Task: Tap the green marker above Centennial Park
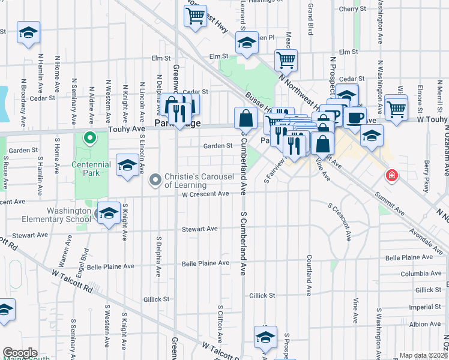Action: pyautogui.click(x=90, y=139)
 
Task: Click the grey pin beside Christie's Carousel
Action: pyautogui.click(x=155, y=180)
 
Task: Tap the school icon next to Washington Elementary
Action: pyautogui.click(x=109, y=214)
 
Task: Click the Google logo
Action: pyautogui.click(x=20, y=353)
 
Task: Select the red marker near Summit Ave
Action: pyautogui.click(x=391, y=176)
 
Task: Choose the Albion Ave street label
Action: pyautogui.click(x=425, y=324)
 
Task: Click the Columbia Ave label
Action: pyautogui.click(x=421, y=274)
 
